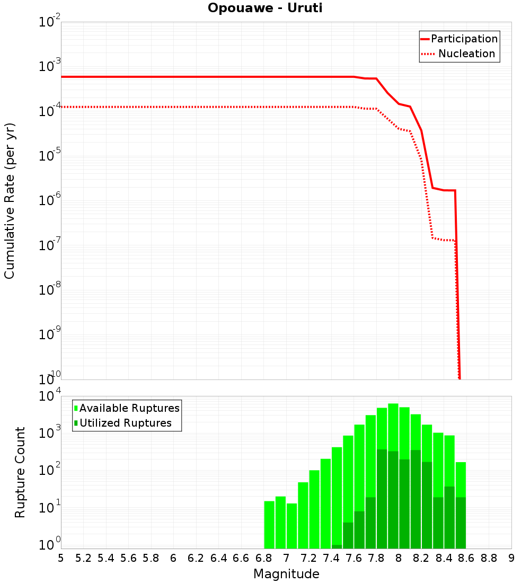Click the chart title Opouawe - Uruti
coord(264,8)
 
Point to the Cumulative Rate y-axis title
coord(10,201)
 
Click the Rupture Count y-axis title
coord(20,472)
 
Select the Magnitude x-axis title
coord(286,574)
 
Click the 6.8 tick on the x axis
coord(263,558)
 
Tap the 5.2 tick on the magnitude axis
coord(83,558)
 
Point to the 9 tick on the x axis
coord(511,558)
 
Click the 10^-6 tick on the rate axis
coord(50,201)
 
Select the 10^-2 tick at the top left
coord(50,22)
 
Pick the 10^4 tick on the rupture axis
coord(50,396)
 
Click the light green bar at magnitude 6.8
coord(269,525)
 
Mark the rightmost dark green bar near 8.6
coord(461,523)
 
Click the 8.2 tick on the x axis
coord(421,558)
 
